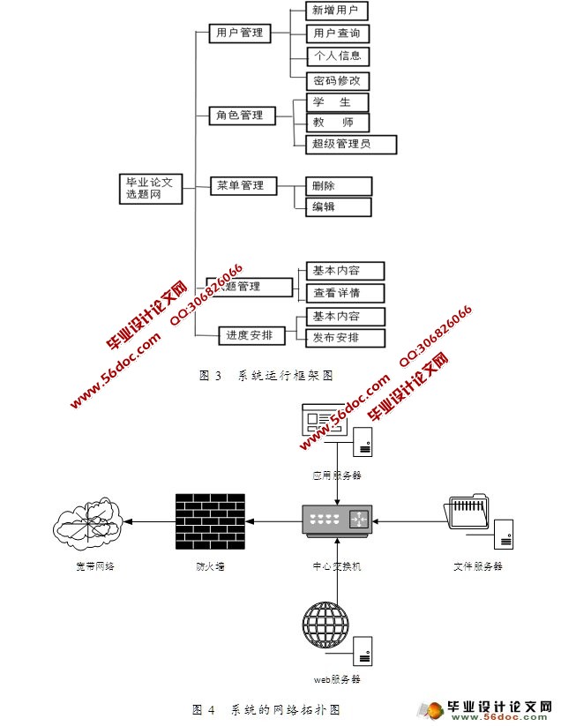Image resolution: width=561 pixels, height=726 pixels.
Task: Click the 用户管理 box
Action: (240, 34)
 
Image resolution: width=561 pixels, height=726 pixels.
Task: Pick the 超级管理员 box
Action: (351, 144)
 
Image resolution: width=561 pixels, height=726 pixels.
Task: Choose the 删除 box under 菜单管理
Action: (338, 186)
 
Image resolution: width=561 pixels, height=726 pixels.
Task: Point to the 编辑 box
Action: (338, 207)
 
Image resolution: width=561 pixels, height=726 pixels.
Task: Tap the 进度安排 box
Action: (249, 335)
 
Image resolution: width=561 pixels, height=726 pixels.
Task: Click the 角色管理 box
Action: (240, 116)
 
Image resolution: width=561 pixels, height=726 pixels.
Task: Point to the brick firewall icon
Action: (210, 520)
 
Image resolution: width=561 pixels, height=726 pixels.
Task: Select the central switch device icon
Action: (337, 520)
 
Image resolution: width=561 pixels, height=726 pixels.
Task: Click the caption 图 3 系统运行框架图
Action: (266, 376)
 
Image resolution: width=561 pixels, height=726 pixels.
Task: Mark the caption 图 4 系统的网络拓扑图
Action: (266, 709)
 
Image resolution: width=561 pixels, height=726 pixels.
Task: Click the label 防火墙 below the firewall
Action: (210, 566)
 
